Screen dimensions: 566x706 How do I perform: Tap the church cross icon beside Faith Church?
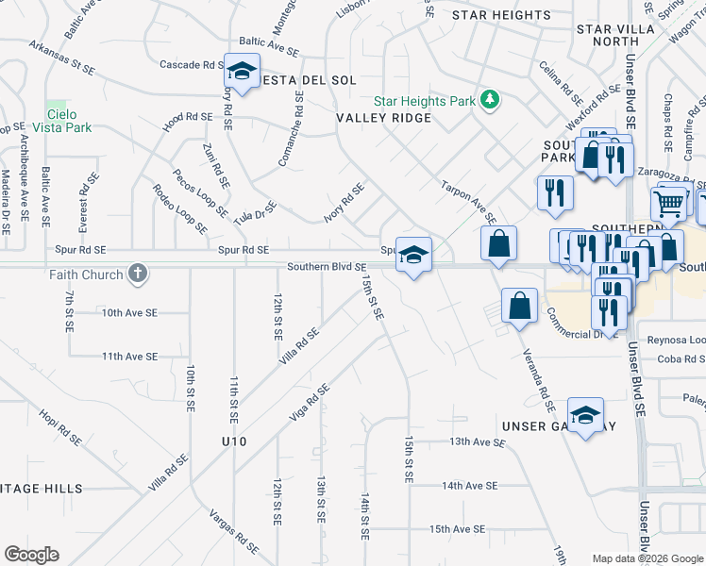click(x=138, y=274)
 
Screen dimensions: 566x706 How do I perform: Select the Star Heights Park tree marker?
click(x=489, y=99)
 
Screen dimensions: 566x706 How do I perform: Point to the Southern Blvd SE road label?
click(x=327, y=267)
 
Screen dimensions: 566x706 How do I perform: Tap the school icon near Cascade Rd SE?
click(x=243, y=72)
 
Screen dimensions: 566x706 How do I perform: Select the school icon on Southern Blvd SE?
click(x=413, y=255)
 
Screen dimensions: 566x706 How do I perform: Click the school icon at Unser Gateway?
click(x=585, y=415)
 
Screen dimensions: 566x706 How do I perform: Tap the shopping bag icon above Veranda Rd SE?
click(x=518, y=306)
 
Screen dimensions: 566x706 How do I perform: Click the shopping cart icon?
click(x=668, y=203)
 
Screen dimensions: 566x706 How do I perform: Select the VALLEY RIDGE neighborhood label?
click(x=383, y=118)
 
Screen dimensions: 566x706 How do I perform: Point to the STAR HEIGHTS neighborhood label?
click(x=501, y=15)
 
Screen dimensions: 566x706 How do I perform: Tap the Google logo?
click(x=31, y=555)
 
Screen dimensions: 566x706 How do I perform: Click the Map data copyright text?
click(x=646, y=558)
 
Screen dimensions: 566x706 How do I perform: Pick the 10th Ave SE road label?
click(x=129, y=312)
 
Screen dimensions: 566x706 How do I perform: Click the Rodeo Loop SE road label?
click(x=179, y=209)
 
